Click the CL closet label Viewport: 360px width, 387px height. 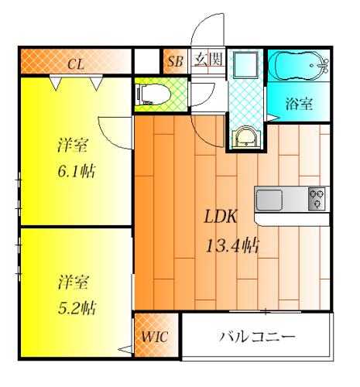coord(75,63)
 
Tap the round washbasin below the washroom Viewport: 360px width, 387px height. coord(245,137)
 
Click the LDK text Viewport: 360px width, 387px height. coord(221,218)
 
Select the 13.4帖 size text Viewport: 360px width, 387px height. coord(231,247)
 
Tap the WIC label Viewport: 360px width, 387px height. coord(153,338)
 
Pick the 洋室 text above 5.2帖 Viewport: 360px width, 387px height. coord(74,283)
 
